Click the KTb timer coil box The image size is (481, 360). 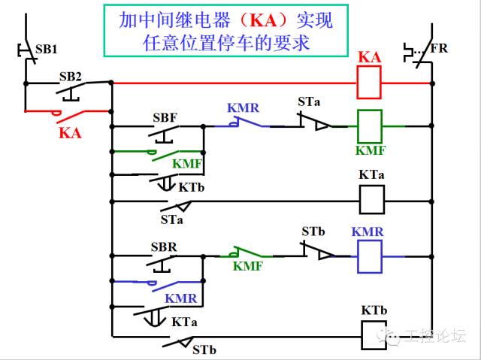374,334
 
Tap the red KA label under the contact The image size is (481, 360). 69,134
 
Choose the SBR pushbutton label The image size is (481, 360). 164,247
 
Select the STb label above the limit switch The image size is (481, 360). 314,231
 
